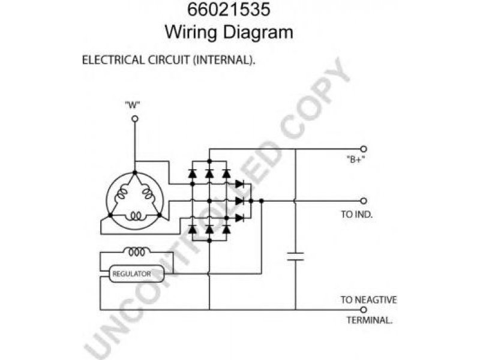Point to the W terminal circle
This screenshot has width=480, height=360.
click(134, 119)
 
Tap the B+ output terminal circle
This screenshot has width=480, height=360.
click(363, 148)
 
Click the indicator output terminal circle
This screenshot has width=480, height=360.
click(363, 200)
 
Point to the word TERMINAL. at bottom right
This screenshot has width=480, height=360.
click(369, 320)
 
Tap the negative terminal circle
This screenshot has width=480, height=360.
click(363, 310)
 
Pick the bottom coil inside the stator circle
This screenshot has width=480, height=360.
click(134, 217)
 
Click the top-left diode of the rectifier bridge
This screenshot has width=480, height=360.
click(192, 174)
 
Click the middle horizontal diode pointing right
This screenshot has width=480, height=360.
click(240, 200)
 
